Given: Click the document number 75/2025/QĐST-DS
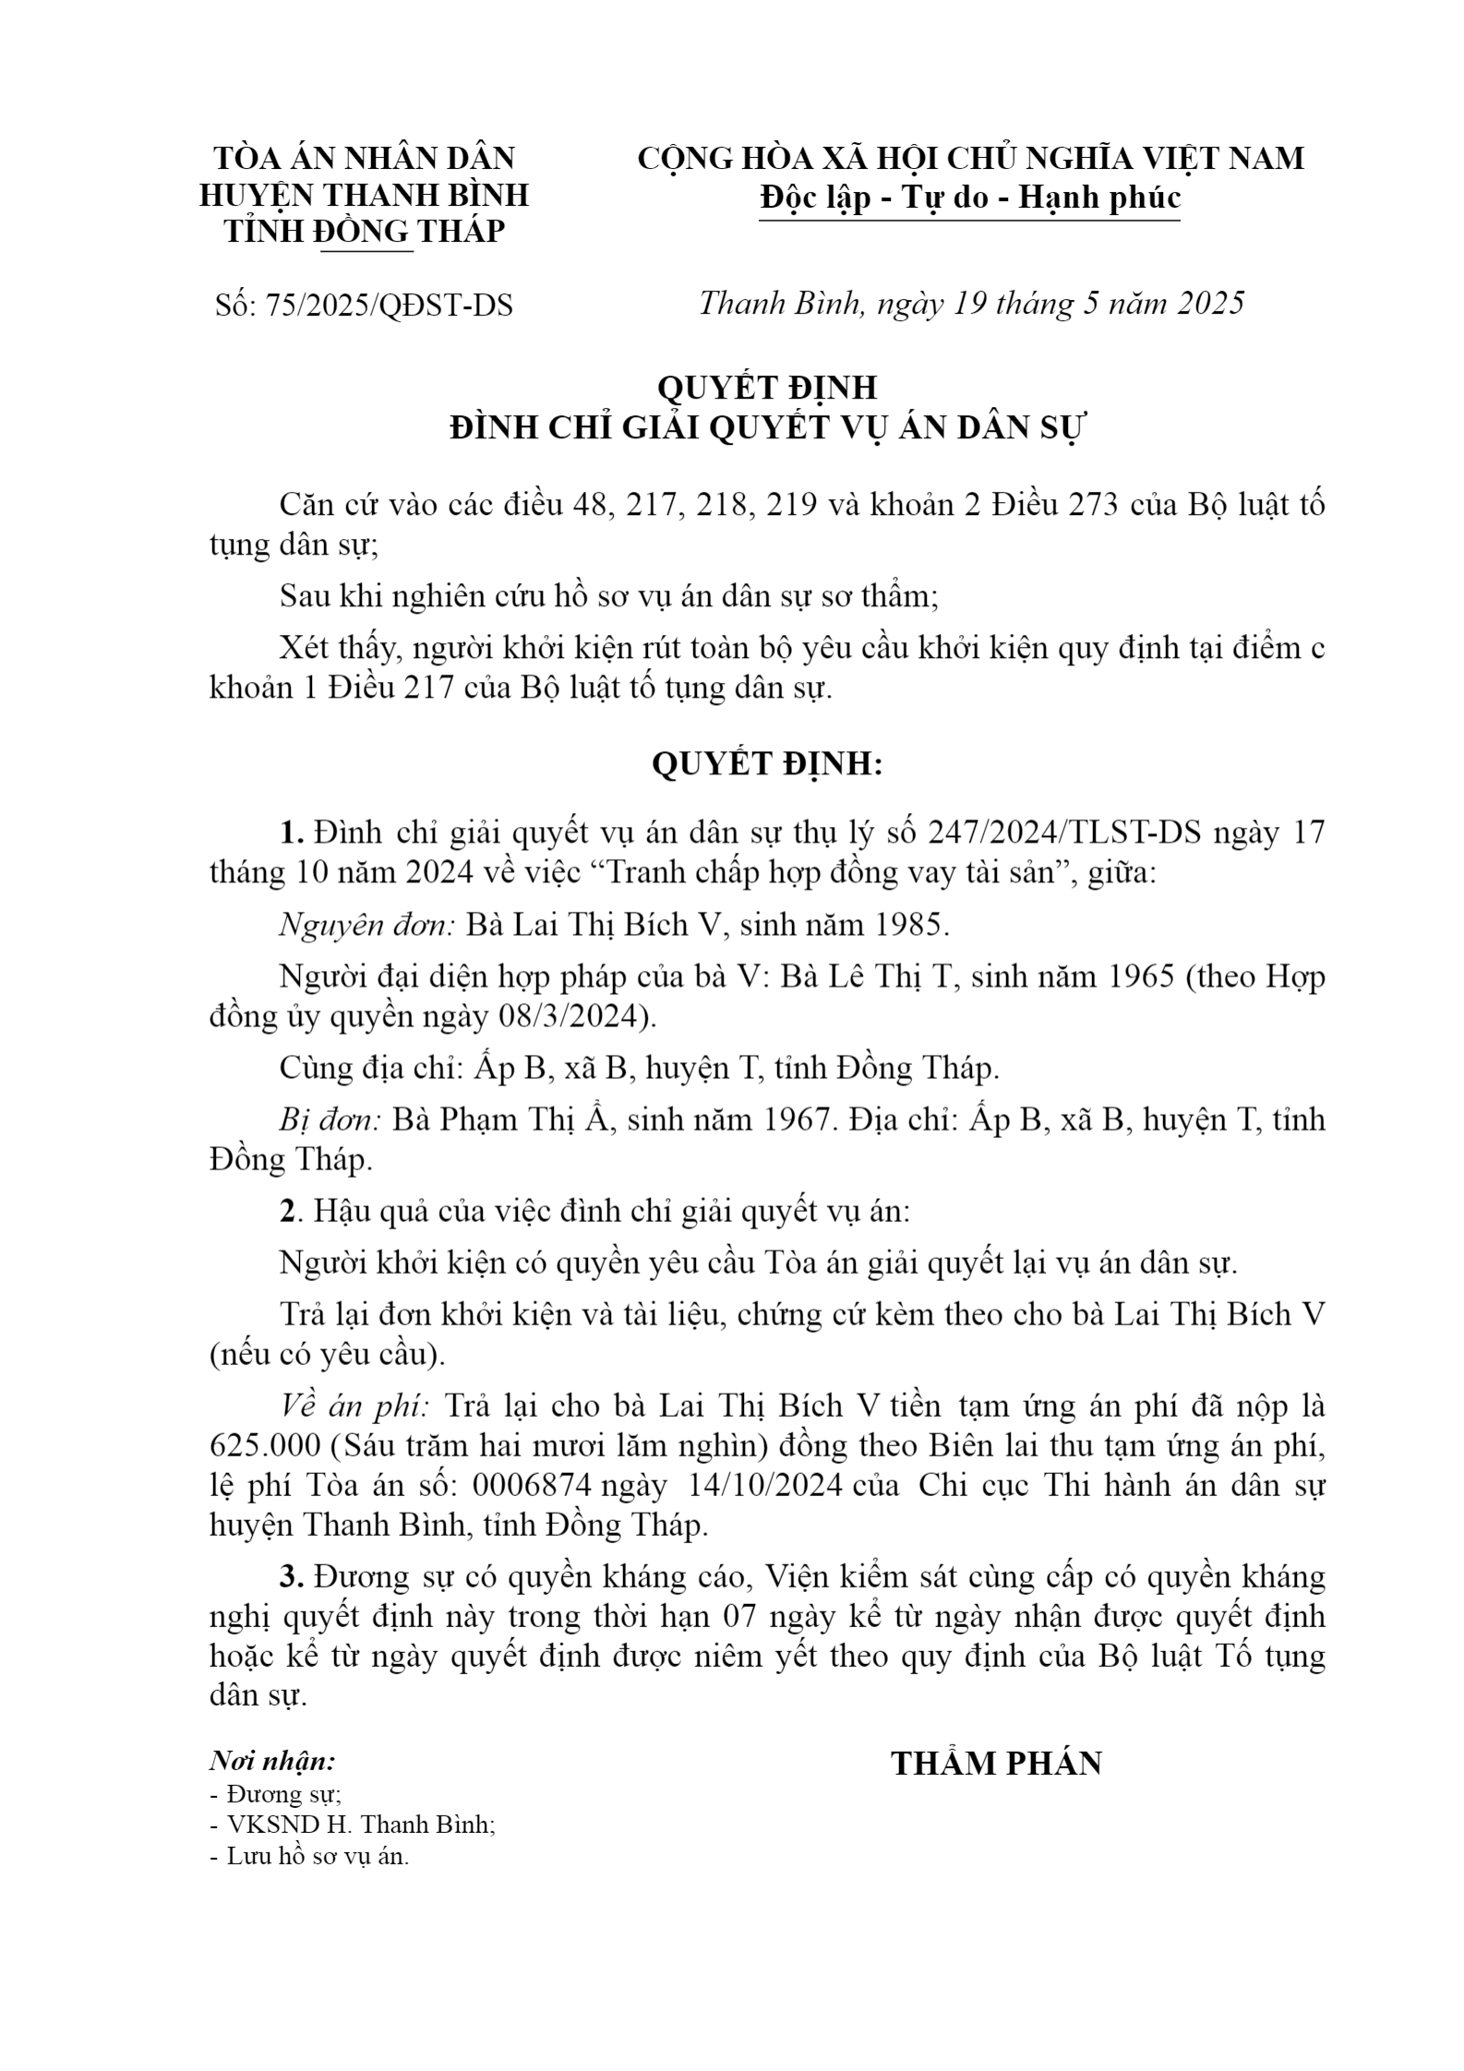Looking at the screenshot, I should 388,305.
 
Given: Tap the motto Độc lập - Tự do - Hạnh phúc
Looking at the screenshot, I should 970,198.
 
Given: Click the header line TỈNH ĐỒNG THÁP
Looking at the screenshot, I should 365,231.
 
